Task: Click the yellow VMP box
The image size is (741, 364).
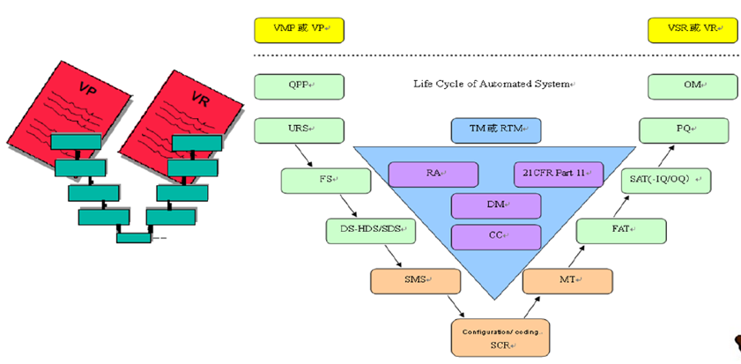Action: pos(300,30)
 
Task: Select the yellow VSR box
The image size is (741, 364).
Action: pos(693,30)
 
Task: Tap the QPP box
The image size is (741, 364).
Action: pos(300,86)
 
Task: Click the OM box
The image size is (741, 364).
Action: pos(693,86)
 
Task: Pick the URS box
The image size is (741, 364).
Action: pos(300,130)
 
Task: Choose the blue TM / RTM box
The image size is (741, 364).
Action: pos(496,130)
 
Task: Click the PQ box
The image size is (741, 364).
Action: pos(684,130)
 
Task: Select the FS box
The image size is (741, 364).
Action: pos(326,181)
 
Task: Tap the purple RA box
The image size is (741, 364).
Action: pos(433,175)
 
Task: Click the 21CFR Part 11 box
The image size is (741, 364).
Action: pos(559,175)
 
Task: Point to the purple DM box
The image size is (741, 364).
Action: pos(496,205)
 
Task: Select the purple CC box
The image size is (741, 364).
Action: pos(496,237)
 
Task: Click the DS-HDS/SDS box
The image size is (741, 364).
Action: pos(371,231)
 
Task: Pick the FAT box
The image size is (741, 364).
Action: pos(621,231)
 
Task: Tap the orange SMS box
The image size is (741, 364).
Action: pos(415,281)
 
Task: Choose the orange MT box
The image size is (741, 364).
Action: pos(567,281)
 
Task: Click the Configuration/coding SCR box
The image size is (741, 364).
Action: pos(500,338)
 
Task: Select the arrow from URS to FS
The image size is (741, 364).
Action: pos(304,155)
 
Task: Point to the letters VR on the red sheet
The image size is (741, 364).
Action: pos(199,100)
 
